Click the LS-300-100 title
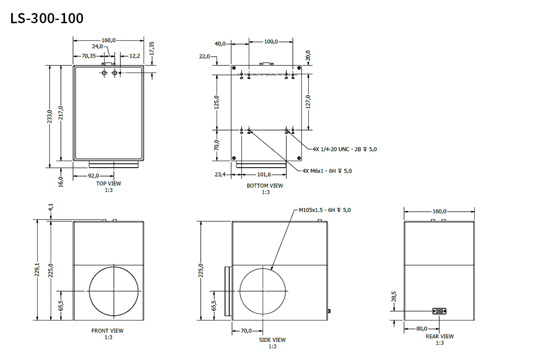pos(47,19)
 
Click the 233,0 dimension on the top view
pos(50,117)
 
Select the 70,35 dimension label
pos(89,56)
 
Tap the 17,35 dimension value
pos(152,48)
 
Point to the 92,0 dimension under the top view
pos(93,176)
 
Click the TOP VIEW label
pos(108,183)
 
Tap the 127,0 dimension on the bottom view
pos(308,101)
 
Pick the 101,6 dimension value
pos(264,175)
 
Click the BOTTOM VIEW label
pos(265,186)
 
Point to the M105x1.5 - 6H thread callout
pos(325,210)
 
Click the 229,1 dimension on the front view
pos(37,269)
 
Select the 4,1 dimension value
pos(51,207)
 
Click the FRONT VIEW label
pos(107,331)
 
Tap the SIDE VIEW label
pos(272,340)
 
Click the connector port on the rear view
pos(439,311)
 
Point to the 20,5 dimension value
pos(393,296)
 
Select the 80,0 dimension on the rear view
pos(422,328)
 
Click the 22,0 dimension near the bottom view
pos(205,56)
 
